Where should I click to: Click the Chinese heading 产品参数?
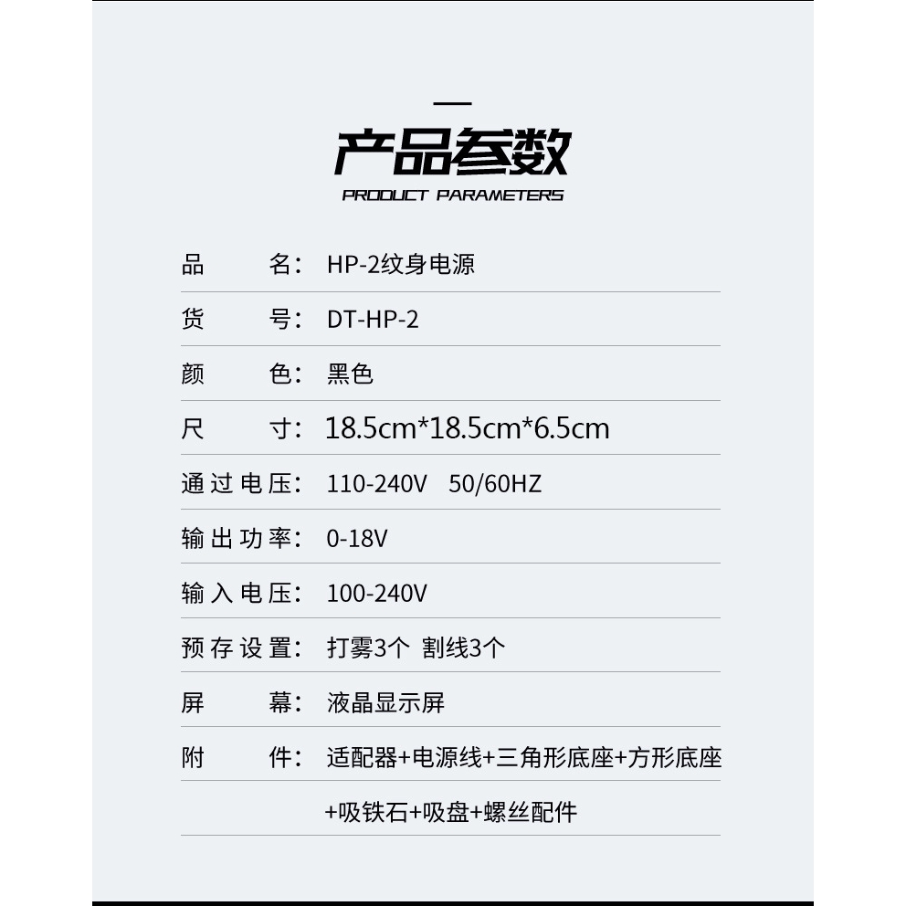click(452, 152)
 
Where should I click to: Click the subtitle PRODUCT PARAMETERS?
click(452, 195)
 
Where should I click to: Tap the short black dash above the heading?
click(452, 104)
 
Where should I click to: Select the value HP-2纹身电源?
click(401, 265)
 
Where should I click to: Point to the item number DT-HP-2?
click(373, 320)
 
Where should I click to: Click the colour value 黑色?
click(350, 374)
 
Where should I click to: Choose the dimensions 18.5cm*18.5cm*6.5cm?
click(467, 428)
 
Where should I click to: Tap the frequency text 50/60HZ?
click(495, 483)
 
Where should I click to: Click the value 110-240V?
click(376, 483)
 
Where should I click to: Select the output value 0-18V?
click(357, 539)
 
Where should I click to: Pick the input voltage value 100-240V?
click(376, 594)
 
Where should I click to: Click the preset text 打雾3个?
click(368, 648)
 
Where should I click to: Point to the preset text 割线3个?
click(463, 648)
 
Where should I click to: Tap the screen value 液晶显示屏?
click(385, 703)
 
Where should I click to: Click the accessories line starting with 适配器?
click(523, 758)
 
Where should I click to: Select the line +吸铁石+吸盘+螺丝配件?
click(451, 812)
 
